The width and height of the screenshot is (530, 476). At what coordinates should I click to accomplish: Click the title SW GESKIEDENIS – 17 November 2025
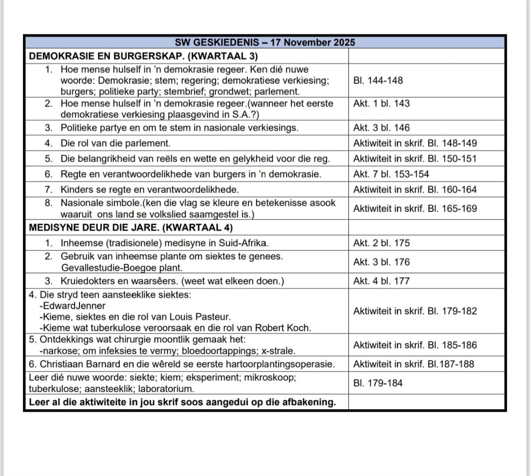[265, 42]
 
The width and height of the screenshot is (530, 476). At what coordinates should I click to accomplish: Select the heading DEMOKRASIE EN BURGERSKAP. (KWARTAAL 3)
[144, 56]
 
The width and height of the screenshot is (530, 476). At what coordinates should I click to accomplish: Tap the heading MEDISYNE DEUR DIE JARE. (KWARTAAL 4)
[131, 227]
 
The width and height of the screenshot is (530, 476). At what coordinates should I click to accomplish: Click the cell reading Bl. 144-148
[378, 80]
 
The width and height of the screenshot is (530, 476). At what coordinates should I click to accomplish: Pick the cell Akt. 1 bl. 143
[381, 104]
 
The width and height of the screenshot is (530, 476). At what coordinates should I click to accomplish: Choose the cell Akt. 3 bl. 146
[381, 128]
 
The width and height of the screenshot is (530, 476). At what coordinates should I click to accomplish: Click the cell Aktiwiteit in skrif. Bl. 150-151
[415, 159]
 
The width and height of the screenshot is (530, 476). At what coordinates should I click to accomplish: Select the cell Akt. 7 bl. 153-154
[391, 174]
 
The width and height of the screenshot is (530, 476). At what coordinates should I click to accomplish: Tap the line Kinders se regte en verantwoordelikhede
[150, 189]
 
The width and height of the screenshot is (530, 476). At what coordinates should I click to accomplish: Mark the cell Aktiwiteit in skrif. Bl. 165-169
[415, 209]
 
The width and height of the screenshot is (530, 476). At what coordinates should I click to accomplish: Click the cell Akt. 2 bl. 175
[381, 243]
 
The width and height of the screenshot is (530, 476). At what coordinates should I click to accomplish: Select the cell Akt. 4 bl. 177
[381, 281]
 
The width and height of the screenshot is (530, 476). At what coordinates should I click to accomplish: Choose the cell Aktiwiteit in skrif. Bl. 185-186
[415, 345]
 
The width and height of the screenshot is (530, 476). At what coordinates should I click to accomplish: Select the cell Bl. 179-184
[378, 383]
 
